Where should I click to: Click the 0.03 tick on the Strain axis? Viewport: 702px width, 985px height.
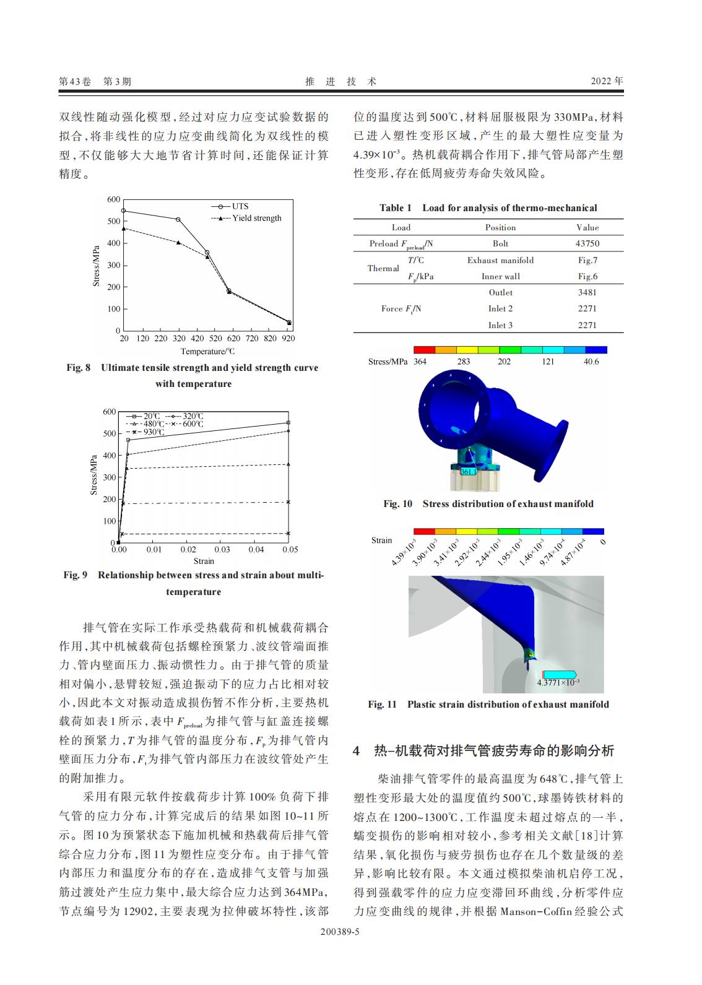[x=222, y=550]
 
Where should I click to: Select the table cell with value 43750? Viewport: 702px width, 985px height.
[x=587, y=244]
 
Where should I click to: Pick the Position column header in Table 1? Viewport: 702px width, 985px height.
[x=500, y=227]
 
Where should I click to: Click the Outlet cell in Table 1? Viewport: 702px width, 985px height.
[x=500, y=292]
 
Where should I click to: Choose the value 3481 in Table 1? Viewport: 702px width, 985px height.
[x=587, y=292]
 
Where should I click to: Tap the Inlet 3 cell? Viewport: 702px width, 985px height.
[x=500, y=325]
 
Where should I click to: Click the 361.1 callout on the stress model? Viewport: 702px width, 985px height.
[x=469, y=472]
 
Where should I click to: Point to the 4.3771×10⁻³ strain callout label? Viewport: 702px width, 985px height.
[x=558, y=682]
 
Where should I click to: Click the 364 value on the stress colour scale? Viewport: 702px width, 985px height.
[x=420, y=362]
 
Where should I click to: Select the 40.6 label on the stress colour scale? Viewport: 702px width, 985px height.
[x=591, y=362]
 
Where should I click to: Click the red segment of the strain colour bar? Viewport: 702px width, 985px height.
[x=424, y=531]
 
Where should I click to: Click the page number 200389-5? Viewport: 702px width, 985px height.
[x=340, y=948]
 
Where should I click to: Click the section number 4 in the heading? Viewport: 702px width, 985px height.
[x=357, y=751]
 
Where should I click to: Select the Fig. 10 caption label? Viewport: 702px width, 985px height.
[x=397, y=504]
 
